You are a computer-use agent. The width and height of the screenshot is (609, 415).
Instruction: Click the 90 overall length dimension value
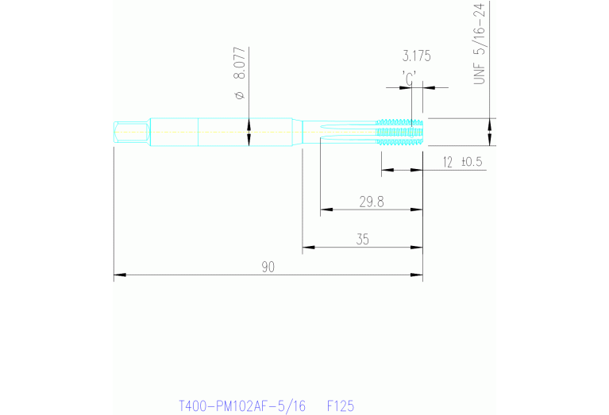point(268,267)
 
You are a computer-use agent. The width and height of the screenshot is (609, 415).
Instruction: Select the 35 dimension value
point(362,239)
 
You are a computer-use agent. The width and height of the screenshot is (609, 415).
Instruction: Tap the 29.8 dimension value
point(371,202)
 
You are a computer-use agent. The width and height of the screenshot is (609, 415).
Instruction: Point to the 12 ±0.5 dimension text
point(463,162)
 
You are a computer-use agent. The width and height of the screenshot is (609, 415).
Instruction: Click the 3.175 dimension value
point(416,56)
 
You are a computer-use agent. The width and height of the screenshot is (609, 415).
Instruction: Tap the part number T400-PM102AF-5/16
point(242,405)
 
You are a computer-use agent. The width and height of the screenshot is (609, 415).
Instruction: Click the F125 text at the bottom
point(341,405)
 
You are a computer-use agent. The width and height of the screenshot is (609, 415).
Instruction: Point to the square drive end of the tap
point(131,132)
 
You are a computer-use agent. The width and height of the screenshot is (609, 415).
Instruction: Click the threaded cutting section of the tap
point(401,132)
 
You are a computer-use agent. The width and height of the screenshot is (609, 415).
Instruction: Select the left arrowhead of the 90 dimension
point(118,275)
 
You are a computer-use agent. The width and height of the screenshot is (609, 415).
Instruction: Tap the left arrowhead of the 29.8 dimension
point(325,210)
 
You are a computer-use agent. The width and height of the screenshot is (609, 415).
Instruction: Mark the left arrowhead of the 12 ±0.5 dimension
point(386,170)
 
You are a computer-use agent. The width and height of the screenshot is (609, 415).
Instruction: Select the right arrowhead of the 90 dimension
point(418,275)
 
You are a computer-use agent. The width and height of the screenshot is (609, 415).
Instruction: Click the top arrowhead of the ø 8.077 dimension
point(249,124)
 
